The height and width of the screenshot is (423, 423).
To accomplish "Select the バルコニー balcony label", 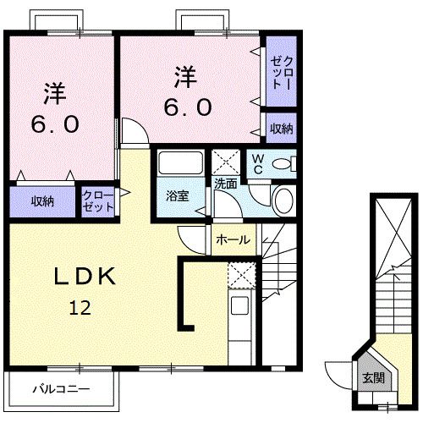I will coord(61,389).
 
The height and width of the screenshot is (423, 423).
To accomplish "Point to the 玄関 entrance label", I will coord(372,378).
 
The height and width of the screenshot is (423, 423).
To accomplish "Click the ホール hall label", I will coord(233,239).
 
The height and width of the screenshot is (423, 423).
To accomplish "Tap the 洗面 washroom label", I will coord(225,183).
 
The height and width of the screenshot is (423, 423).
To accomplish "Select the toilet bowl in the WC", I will coord(284,162).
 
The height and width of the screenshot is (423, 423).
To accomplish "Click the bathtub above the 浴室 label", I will coord(179,163).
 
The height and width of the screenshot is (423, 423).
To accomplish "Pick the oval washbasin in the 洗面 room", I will coord(283,201).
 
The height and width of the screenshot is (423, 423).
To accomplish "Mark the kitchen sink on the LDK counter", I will coord(239,307).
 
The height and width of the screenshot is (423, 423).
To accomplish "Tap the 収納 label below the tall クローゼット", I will coord(281,129).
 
